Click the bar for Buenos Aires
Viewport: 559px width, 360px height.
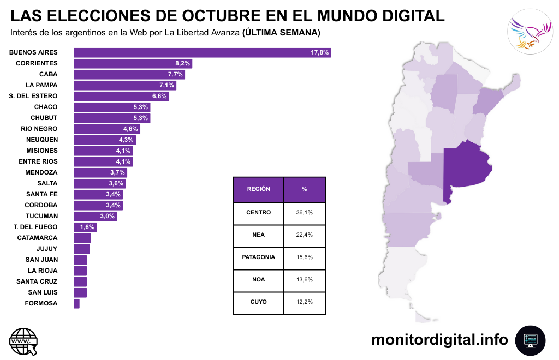pyautogui.click(x=202, y=52)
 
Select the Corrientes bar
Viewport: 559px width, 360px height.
pyautogui.click(x=133, y=63)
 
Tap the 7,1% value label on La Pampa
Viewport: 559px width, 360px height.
pyautogui.click(x=166, y=85)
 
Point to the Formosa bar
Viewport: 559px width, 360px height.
pyautogui.click(x=76, y=303)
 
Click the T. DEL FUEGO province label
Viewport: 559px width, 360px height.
pyautogui.click(x=35, y=227)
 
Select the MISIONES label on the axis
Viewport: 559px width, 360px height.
pyautogui.click(x=42, y=151)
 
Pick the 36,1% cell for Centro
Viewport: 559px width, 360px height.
pyautogui.click(x=304, y=212)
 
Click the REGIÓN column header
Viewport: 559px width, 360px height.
pyautogui.click(x=258, y=189)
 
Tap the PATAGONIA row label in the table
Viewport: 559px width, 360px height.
pyautogui.click(x=258, y=257)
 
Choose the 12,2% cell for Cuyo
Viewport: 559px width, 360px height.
pyautogui.click(x=304, y=302)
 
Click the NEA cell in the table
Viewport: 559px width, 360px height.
pyautogui.click(x=258, y=235)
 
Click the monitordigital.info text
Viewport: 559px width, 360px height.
pyautogui.click(x=439, y=340)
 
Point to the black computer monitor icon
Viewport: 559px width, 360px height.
pyautogui.click(x=530, y=340)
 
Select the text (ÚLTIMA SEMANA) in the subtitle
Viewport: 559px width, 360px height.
pyautogui.click(x=281, y=33)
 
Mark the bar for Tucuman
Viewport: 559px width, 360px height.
pyautogui.click(x=95, y=216)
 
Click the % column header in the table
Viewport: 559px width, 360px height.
pyautogui.click(x=304, y=189)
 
